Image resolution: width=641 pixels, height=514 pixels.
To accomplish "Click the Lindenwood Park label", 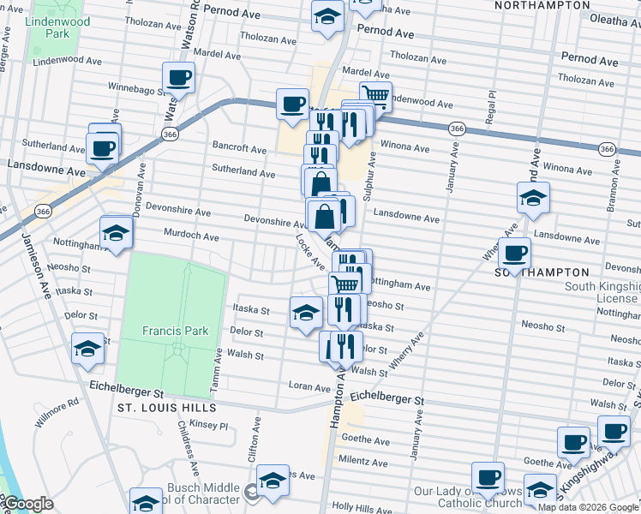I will [x=58, y=27].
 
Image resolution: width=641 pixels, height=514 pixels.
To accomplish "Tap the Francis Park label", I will [x=171, y=330].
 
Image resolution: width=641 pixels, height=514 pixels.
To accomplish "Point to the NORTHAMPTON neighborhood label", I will [x=542, y=5].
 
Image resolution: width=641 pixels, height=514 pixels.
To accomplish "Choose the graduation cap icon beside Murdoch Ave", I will [x=117, y=232].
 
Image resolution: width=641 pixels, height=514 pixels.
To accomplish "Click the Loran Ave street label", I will [x=309, y=387].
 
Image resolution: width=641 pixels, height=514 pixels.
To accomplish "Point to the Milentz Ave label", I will [x=363, y=460].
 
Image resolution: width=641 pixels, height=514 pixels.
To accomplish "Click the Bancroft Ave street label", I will [x=240, y=148].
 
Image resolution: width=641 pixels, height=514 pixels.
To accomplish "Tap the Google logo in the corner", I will [x=27, y=505].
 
